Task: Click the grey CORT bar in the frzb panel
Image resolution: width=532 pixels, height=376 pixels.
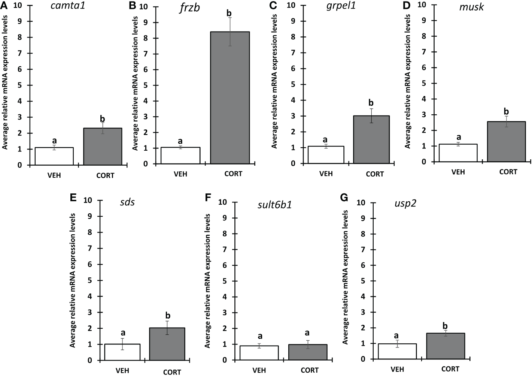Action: pos(230,98)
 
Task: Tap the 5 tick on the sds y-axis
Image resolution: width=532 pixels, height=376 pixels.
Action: pos(89,280)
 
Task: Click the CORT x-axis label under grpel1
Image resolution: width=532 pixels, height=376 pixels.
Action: pos(374,174)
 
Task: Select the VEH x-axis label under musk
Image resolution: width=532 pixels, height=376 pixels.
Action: pos(458,172)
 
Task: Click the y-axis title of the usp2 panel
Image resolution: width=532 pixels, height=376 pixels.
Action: pos(346,277)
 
